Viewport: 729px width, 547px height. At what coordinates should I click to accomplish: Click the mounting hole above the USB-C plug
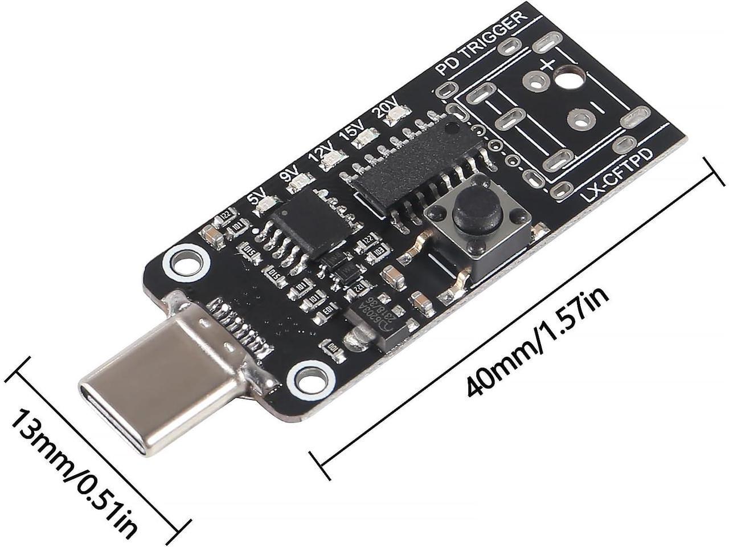(x=184, y=263)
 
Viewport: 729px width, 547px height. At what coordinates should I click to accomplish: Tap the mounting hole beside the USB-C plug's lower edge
(x=310, y=379)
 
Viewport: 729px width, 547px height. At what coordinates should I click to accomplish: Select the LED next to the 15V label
(x=364, y=138)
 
